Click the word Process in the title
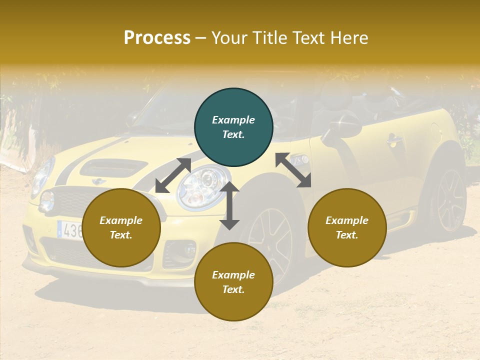[x=157, y=38]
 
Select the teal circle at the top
[x=233, y=127]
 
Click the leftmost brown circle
[x=121, y=227]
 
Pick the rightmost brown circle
[x=347, y=227]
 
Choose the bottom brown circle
[x=233, y=281]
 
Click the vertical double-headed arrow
[x=229, y=205]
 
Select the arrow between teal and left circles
[x=173, y=175]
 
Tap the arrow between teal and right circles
[x=293, y=170]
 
